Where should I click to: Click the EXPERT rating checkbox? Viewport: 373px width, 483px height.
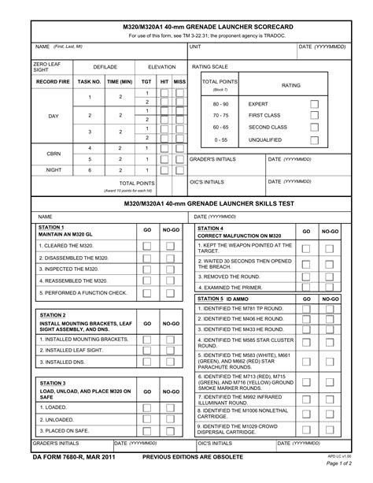314,104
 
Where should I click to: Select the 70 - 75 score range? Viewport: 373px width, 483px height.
220,115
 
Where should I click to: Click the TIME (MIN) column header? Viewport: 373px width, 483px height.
120,81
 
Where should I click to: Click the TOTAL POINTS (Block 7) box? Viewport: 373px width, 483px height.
220,84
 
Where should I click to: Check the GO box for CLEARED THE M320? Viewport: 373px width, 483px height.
147,246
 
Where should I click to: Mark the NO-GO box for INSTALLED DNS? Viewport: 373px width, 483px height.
171,362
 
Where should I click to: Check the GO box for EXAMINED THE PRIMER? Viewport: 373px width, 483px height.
307,288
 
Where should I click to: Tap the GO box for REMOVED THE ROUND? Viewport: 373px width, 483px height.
307,277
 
